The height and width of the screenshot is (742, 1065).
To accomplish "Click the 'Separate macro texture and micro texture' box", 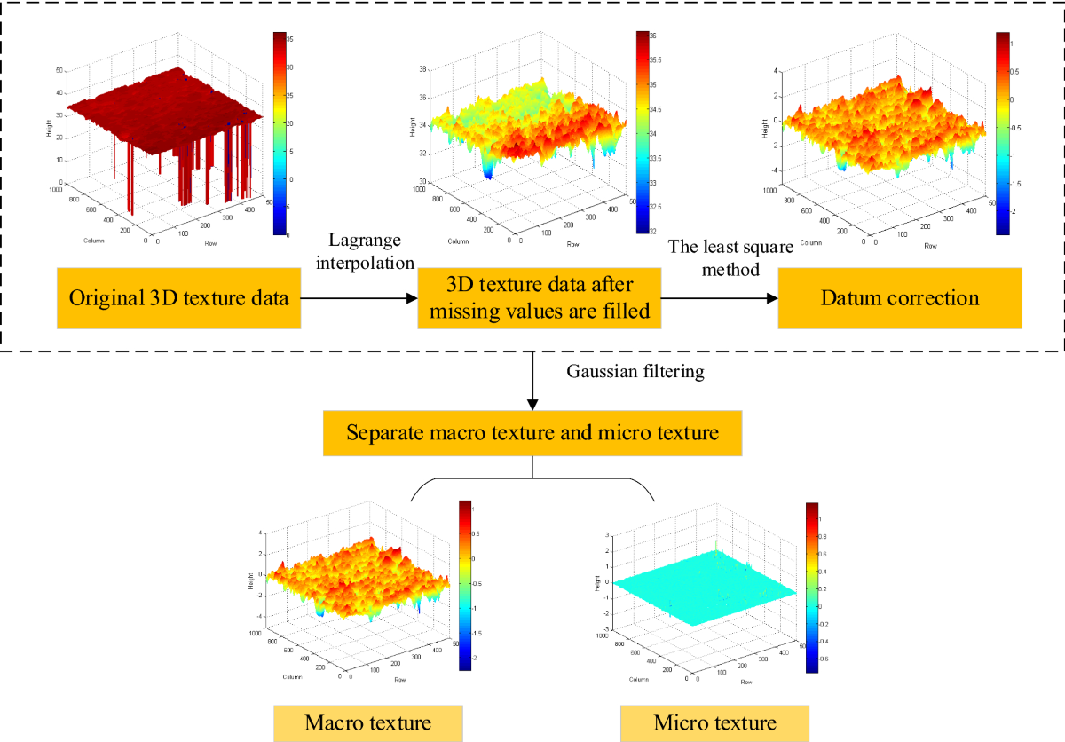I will pyautogui.click(x=531, y=434).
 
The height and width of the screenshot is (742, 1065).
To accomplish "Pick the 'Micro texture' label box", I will pyautogui.click(x=714, y=722).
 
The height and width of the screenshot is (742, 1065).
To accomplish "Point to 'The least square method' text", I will pyautogui.click(x=717, y=257).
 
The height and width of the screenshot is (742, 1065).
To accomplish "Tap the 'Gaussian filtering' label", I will pyautogui.click(x=635, y=371).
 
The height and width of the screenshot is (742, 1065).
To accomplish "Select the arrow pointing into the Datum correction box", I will pyautogui.click(x=719, y=299).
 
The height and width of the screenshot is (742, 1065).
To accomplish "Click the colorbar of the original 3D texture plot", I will pyautogui.click(x=280, y=133).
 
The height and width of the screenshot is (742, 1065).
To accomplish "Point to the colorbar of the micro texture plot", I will pyautogui.click(x=811, y=588).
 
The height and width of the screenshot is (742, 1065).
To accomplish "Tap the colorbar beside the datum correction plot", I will pyautogui.click(x=1004, y=133).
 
